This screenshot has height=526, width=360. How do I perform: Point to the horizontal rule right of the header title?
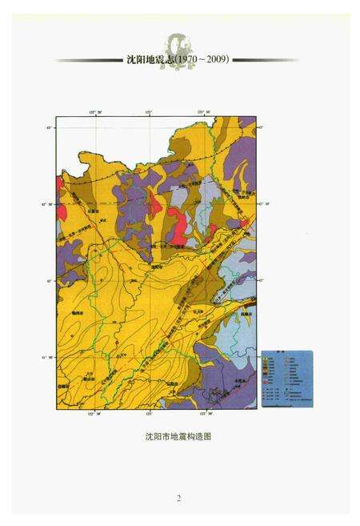(x=265, y=60)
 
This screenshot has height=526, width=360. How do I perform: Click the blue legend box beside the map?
(x=287, y=371)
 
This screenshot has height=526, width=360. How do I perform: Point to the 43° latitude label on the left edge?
(x=49, y=128)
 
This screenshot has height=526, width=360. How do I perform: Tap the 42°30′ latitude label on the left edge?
(x=49, y=203)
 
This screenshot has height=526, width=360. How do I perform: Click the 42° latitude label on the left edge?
(x=49, y=280)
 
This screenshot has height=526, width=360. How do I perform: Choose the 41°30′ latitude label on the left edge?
(x=49, y=357)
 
